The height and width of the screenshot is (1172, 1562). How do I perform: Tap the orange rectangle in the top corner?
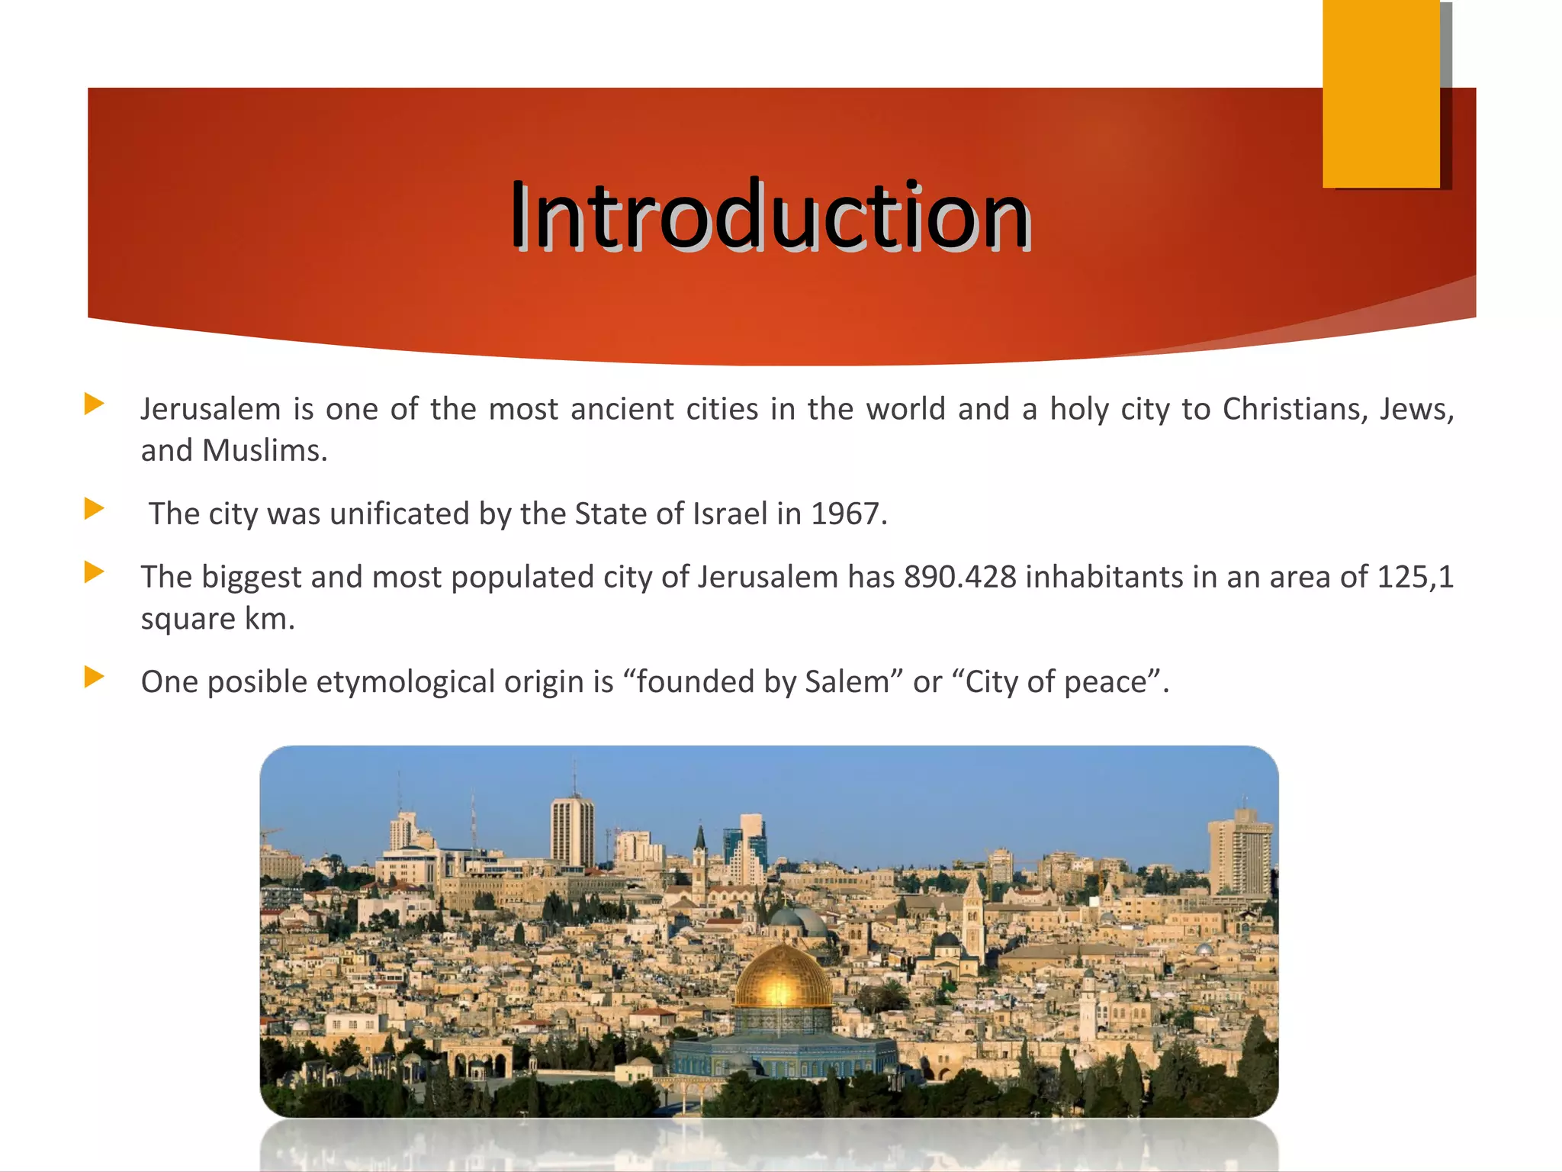[1381, 93]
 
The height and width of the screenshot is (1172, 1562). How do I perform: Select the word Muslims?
[265, 451]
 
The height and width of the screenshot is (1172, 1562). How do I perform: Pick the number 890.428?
[960, 578]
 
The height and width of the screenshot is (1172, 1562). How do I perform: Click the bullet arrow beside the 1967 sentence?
[94, 509]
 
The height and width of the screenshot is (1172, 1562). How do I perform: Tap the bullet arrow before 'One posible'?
[94, 677]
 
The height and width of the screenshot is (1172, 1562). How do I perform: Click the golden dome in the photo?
[783, 978]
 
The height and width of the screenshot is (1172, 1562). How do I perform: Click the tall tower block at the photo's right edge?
[1240, 855]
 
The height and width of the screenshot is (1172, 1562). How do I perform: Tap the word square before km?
[188, 620]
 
